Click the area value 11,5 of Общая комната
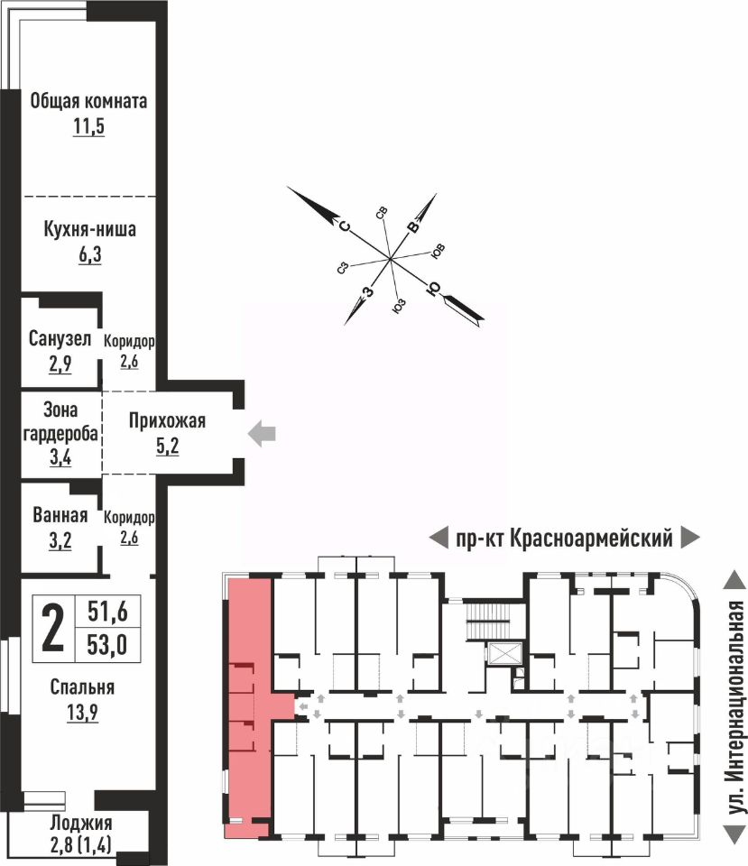[x=89, y=126]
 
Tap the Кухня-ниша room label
[x=89, y=229]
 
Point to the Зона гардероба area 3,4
[x=61, y=456]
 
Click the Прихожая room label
[x=167, y=420]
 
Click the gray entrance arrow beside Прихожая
[x=263, y=435]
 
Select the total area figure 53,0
[x=107, y=645]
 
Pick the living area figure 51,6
[x=107, y=613]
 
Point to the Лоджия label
[x=81, y=823]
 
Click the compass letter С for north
[x=343, y=226]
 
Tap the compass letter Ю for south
[x=434, y=289]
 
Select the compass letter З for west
[x=366, y=291]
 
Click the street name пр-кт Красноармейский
[x=564, y=539]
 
